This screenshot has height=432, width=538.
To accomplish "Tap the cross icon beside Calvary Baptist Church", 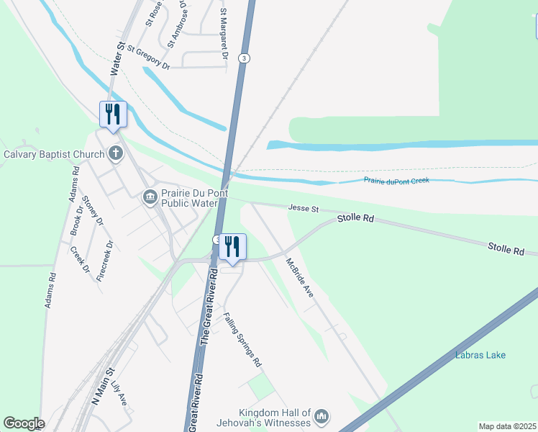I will [x=115, y=153].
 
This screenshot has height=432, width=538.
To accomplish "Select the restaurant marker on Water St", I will [x=113, y=115].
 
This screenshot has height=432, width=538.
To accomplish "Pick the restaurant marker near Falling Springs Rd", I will [x=232, y=248].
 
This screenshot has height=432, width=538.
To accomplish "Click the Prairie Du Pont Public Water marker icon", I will [x=150, y=196].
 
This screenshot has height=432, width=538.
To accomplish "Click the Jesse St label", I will [x=303, y=208].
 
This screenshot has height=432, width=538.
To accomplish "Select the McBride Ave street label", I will [x=300, y=278].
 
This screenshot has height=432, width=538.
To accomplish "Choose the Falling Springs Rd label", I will [x=242, y=340].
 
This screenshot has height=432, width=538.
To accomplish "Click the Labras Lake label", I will [x=480, y=355].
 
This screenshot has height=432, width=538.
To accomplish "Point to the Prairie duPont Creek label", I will [x=396, y=180].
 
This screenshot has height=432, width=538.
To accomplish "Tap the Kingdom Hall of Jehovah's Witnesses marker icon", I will [x=322, y=416].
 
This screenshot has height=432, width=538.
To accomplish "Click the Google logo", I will [x=24, y=423].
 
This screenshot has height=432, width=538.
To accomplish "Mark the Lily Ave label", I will [x=119, y=394].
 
